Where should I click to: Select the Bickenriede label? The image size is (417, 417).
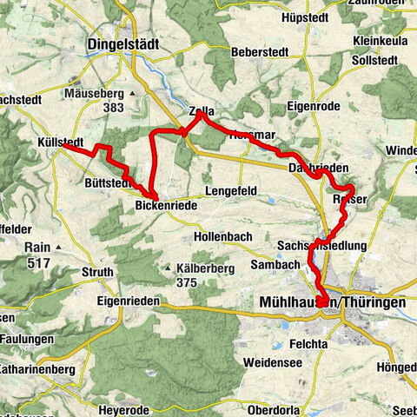click(x=166, y=206)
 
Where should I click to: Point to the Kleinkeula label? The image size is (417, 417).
click(x=381, y=40)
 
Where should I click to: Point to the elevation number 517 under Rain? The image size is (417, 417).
click(x=38, y=261)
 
